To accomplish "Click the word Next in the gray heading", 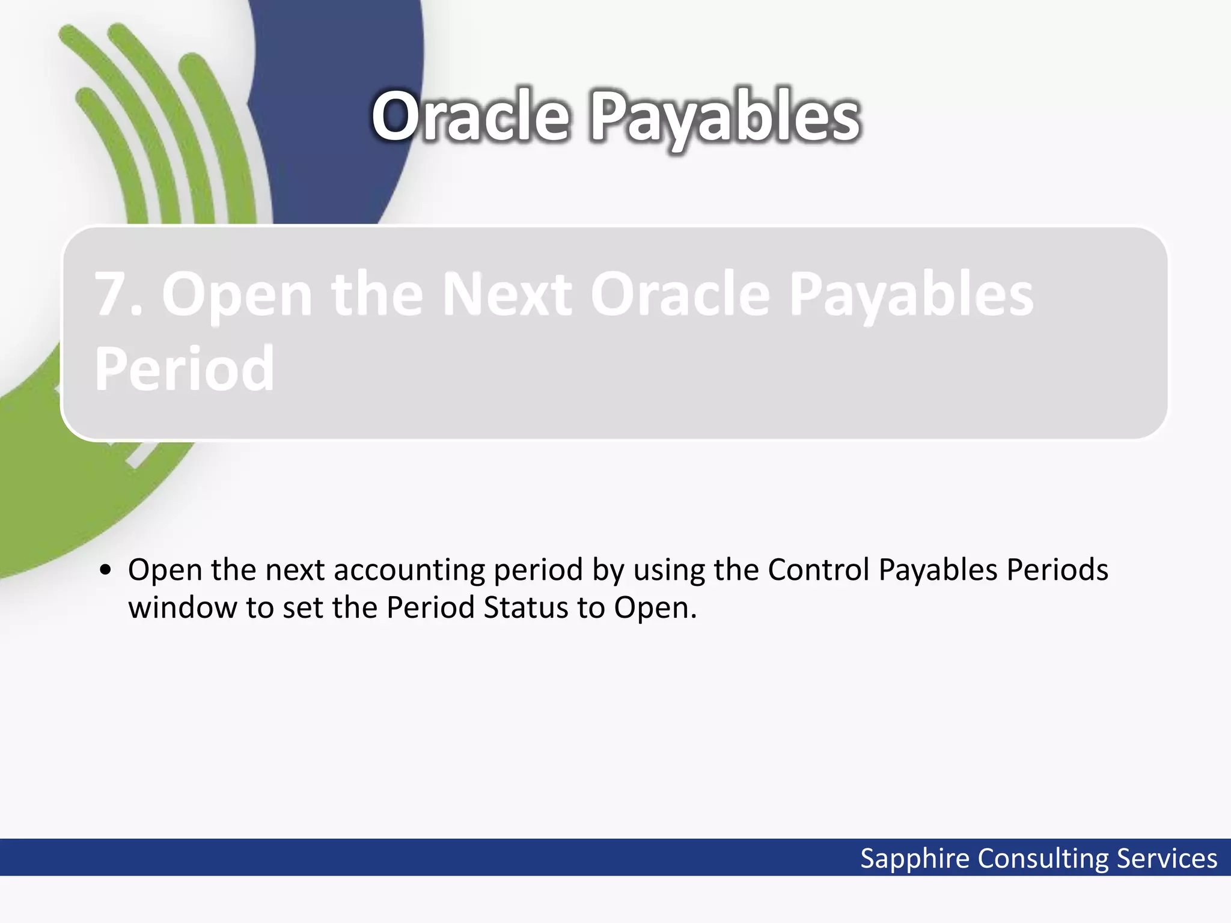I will coord(507,294).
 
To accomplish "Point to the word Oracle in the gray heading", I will coord(680,294).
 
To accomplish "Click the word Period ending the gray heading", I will coord(185,369).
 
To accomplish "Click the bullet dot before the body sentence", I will coord(106,570).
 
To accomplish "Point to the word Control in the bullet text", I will coord(819,570).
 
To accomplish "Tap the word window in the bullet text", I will coord(183,608).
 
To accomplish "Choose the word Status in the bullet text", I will coord(525,608).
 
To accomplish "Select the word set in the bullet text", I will coord(302,608).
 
